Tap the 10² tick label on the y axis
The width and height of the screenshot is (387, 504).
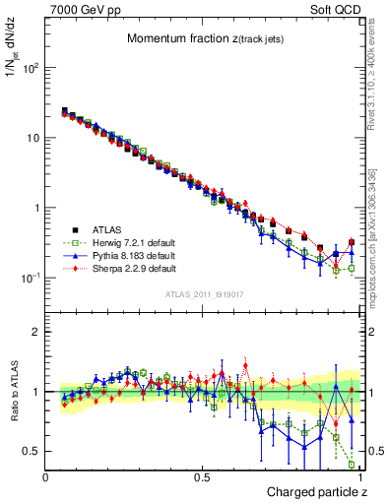click(x=31, y=69)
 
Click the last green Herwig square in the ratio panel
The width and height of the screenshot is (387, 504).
click(x=352, y=465)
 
